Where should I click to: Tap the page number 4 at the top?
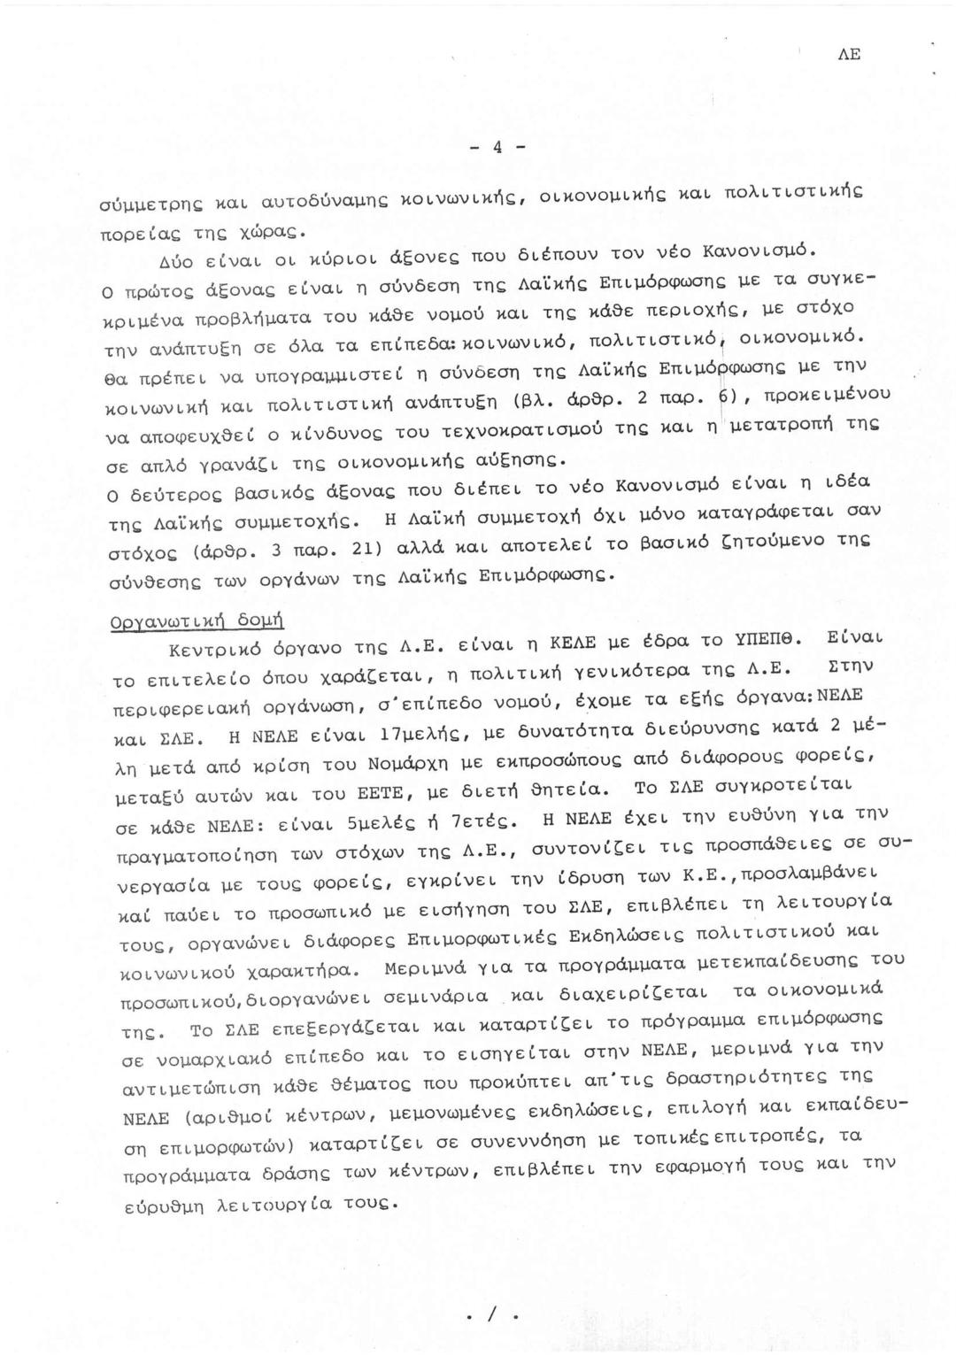coord(497,148)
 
